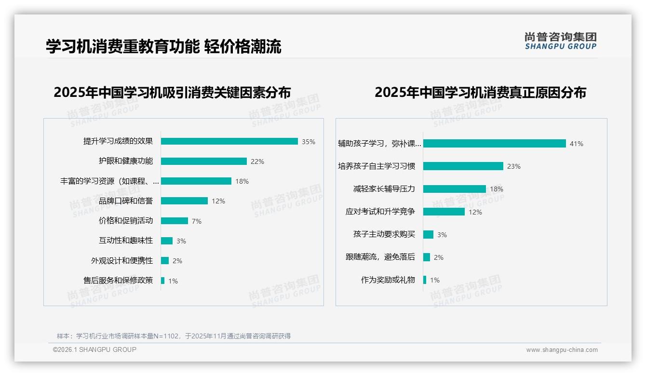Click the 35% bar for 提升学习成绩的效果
click(x=229, y=141)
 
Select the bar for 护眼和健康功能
click(x=203, y=161)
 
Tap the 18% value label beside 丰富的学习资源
click(x=242, y=181)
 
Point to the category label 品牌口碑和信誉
click(x=126, y=201)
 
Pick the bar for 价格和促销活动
click(x=174, y=221)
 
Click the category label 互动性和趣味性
click(x=126, y=241)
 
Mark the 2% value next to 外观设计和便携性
click(x=177, y=261)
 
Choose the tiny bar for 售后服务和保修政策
click(x=162, y=281)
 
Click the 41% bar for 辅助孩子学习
click(x=494, y=143)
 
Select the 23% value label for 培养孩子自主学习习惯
click(x=514, y=166)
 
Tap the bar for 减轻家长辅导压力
click(x=454, y=189)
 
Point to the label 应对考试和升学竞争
click(x=380, y=212)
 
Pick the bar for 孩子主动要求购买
click(x=428, y=234)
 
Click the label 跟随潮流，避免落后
click(x=380, y=257)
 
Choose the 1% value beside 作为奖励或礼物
click(x=435, y=280)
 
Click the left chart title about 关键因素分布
click(x=172, y=93)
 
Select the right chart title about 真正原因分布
click(x=480, y=93)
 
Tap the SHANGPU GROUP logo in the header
click(x=560, y=41)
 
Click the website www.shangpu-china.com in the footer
click(x=562, y=350)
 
